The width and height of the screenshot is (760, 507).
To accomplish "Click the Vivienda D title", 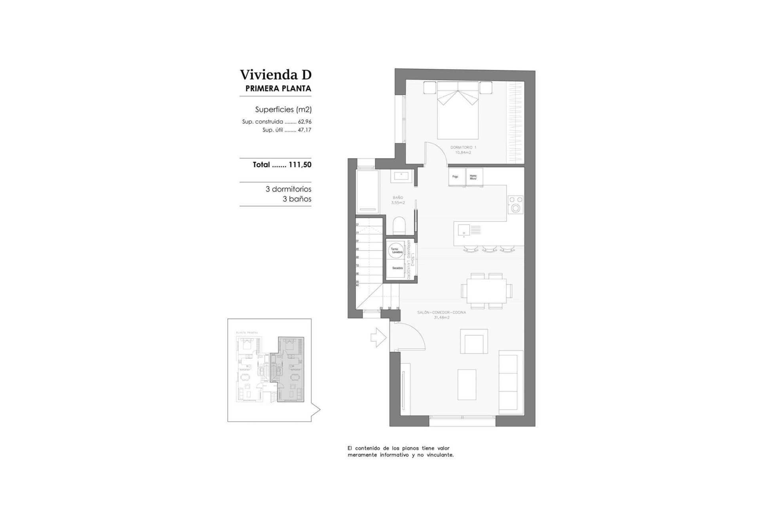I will [x=275, y=74].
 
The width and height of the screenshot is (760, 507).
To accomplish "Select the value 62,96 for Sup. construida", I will [x=305, y=122].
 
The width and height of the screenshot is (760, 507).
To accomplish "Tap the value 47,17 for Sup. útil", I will [x=305, y=130].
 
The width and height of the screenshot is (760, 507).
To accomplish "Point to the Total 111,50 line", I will [x=282, y=165].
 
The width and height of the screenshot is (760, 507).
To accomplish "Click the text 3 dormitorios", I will [x=288, y=189].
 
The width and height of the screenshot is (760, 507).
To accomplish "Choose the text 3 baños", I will [x=297, y=199].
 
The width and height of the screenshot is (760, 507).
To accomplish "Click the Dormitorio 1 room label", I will [x=463, y=150].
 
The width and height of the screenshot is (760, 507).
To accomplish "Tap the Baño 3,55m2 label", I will [x=398, y=200].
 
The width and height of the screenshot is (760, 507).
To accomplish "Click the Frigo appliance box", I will [x=456, y=177].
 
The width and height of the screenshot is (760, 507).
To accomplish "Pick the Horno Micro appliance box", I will [x=474, y=177].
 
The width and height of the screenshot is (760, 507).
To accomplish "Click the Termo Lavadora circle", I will [x=397, y=250].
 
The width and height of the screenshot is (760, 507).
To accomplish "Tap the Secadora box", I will [x=397, y=269].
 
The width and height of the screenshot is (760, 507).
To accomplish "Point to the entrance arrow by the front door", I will [x=378, y=337].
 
